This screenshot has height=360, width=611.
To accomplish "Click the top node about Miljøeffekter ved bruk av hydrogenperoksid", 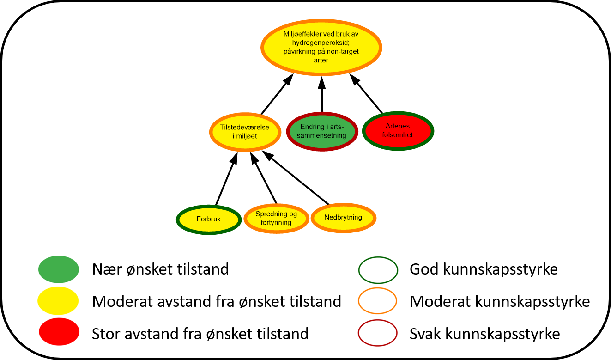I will pyautogui.click(x=321, y=47).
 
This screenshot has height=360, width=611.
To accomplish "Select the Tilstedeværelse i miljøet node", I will pyautogui.click(x=245, y=132).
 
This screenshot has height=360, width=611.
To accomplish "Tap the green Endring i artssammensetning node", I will pyautogui.click(x=322, y=131).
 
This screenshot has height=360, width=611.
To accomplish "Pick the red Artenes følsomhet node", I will pyautogui.click(x=398, y=131).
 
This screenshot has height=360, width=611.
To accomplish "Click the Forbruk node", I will pyautogui.click(x=209, y=220).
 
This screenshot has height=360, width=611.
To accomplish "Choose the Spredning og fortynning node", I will pyautogui.click(x=276, y=218).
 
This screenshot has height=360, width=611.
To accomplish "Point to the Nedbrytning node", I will pyautogui.click(x=343, y=218).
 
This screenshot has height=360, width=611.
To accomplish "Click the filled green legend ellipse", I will pyautogui.click(x=59, y=269).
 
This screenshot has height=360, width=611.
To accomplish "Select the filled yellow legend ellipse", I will pyautogui.click(x=58, y=301).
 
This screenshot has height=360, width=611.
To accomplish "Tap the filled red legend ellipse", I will pyautogui.click(x=59, y=332).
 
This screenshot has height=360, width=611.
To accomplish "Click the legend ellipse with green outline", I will pyautogui.click(x=378, y=270).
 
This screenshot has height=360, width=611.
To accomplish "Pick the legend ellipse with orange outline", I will pyautogui.click(x=378, y=301).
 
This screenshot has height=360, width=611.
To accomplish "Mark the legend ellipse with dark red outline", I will pyautogui.click(x=378, y=333).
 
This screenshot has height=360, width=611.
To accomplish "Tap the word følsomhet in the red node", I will pyautogui.click(x=398, y=135).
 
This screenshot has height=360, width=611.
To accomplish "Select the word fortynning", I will pyautogui.click(x=276, y=222).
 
